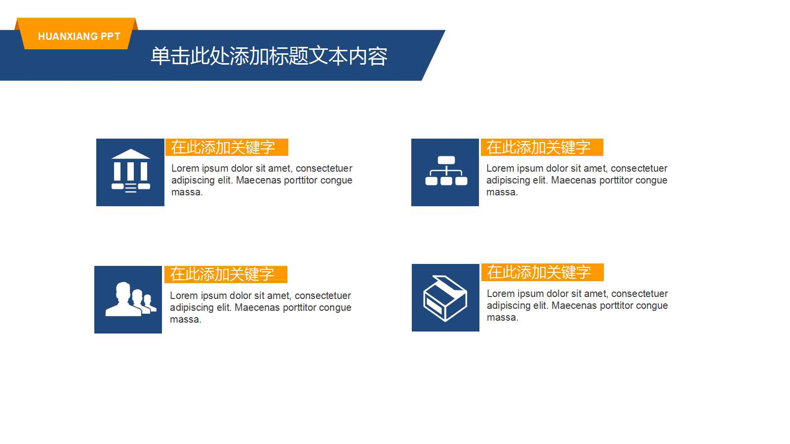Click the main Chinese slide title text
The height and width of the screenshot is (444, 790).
tap(269, 56)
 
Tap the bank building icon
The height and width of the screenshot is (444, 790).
tap(130, 172)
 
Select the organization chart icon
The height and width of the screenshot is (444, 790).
tap(445, 172)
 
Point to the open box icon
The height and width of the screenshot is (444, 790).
tap(445, 298)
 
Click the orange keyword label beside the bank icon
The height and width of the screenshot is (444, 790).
tap(227, 147)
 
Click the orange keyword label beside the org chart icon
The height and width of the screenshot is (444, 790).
tap(542, 147)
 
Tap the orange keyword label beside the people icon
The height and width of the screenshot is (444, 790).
tap(226, 274)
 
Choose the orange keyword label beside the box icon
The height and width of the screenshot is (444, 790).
tap(542, 272)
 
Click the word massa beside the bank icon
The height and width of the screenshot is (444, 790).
tap(186, 192)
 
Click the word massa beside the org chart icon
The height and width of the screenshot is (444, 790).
tap(501, 192)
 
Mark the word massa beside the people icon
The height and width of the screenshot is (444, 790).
tap(185, 320)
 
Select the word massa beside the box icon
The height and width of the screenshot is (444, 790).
tap(502, 318)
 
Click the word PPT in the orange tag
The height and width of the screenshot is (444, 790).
tap(110, 37)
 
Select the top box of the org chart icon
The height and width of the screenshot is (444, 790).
tap(446, 160)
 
